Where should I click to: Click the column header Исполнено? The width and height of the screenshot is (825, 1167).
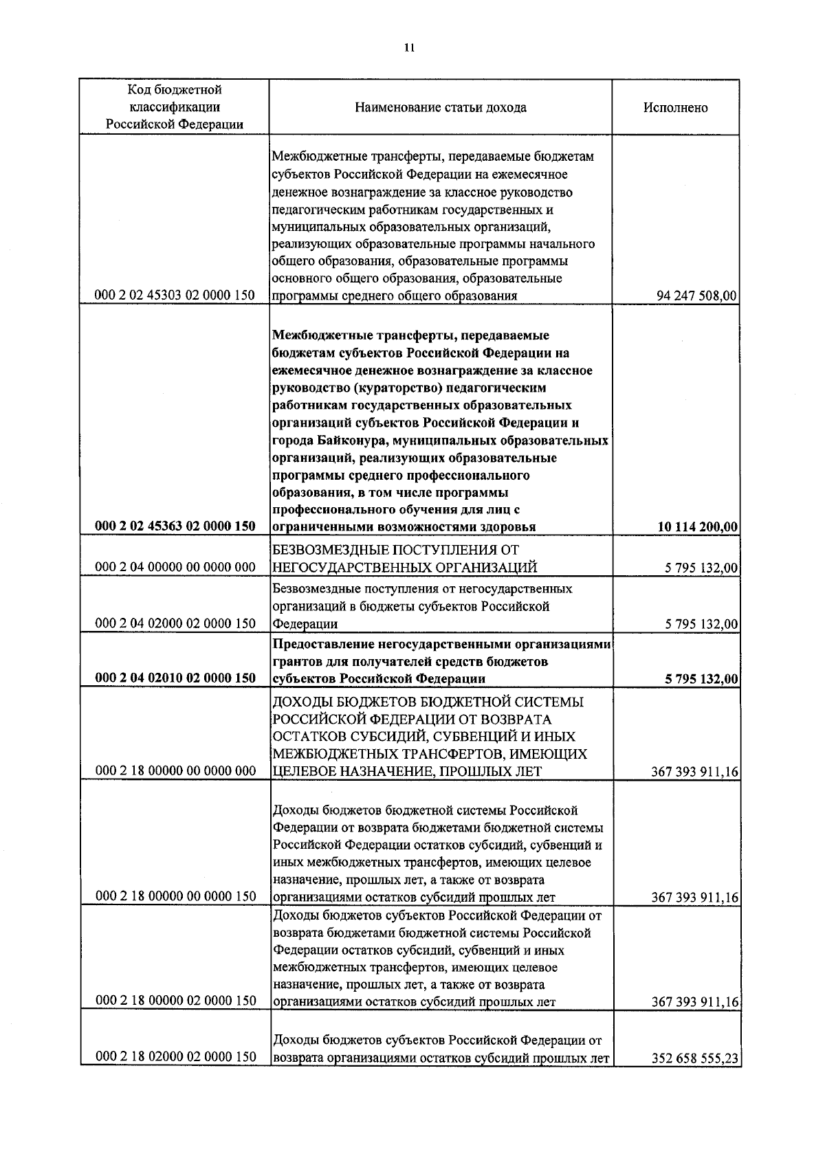pos(675,108)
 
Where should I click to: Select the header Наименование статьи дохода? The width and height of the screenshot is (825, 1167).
pos(441,108)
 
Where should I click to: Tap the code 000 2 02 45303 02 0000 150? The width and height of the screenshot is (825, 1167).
pos(175,296)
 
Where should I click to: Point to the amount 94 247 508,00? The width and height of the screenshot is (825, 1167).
pos(697,296)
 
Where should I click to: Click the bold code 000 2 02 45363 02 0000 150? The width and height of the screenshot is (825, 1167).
pos(175,526)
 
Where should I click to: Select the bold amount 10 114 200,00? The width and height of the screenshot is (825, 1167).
pos(697,527)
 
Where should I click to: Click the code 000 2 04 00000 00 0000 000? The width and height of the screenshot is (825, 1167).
pos(175,567)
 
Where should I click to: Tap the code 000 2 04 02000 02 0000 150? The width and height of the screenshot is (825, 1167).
pos(175,623)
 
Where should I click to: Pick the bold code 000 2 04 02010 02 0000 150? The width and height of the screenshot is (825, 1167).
pos(175,678)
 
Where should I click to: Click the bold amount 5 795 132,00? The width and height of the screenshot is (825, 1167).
pos(701,679)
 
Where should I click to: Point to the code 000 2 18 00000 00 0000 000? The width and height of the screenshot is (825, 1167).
pos(175,771)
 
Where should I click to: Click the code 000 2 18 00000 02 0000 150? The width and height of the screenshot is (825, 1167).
pos(175,1001)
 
